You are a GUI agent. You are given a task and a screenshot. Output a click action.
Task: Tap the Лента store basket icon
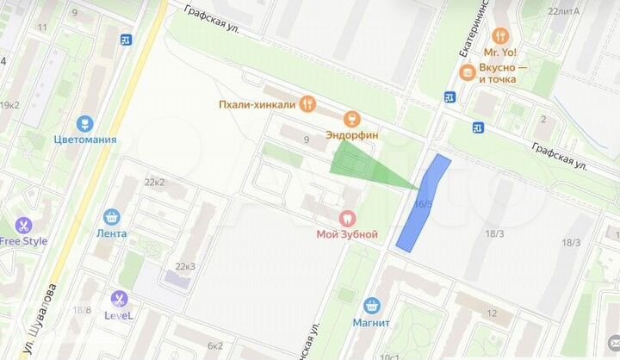point(112,217)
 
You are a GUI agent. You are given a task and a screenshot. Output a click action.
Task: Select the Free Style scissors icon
point(23,226)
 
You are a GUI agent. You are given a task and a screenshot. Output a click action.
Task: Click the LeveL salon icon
point(119,299)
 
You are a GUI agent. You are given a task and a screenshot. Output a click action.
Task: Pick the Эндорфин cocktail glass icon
point(350,119)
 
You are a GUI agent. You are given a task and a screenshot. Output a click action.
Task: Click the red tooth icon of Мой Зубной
point(348,218)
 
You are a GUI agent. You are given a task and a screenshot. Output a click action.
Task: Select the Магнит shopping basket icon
point(372,306)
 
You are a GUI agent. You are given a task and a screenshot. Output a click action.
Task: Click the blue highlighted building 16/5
point(422,204)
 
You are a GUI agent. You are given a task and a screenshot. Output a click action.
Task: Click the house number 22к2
point(155,182)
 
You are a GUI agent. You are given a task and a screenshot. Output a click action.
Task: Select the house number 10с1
point(389,356)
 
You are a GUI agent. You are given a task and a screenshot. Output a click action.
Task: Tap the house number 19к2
point(9,105)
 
